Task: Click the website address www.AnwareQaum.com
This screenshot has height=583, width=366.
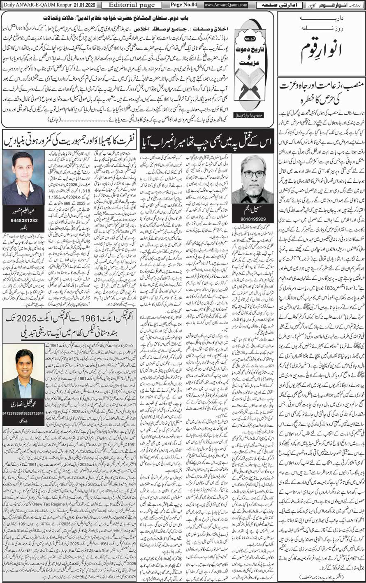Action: coord(226,5)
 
